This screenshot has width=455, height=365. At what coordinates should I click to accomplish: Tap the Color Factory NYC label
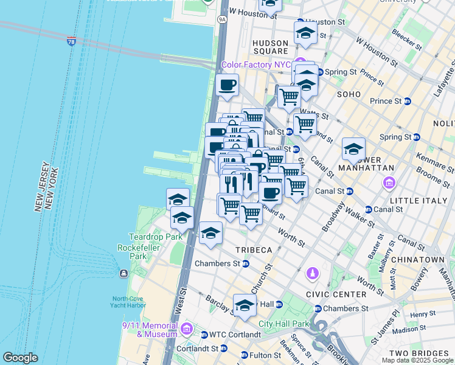255,64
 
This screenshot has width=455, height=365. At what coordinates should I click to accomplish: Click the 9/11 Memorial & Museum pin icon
187,329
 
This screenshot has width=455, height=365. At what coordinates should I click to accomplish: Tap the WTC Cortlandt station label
235,334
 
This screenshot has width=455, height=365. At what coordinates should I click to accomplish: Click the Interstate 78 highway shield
72,41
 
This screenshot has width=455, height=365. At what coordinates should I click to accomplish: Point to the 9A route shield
222,19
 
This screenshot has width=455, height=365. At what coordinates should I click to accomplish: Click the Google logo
21,358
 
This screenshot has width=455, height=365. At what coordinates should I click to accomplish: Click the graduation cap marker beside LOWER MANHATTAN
353,149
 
